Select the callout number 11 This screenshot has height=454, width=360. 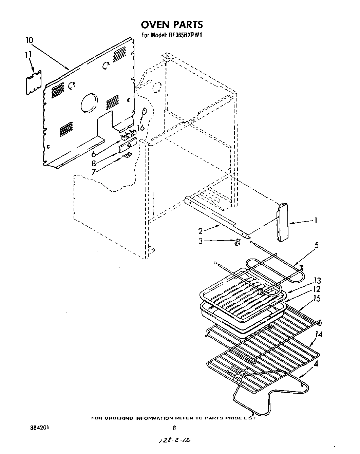(x=28, y=54)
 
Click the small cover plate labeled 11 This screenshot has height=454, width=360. (x=34, y=81)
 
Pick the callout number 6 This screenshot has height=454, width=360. (x=93, y=153)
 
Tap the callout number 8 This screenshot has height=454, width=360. (x=94, y=163)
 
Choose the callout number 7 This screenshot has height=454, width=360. (x=94, y=171)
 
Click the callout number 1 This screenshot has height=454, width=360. (x=316, y=221)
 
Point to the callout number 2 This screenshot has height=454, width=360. (x=201, y=231)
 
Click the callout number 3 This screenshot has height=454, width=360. (x=201, y=241)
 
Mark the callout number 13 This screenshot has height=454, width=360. (x=317, y=281)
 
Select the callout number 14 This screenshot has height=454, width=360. (x=318, y=335)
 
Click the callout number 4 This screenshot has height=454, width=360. (x=316, y=365)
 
